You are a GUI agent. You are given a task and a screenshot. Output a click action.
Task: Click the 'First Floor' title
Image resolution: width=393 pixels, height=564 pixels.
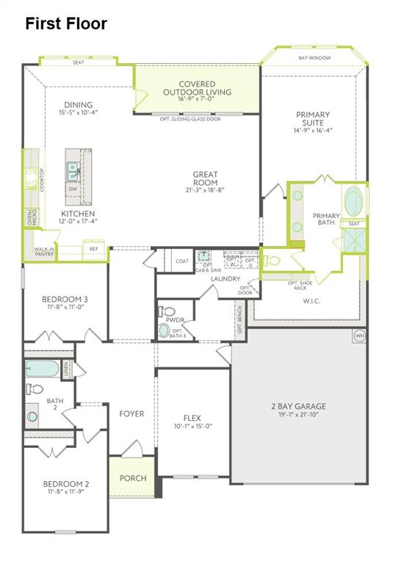66,23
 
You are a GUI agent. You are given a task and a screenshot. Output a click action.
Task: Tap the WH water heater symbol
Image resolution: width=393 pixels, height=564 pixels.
359,336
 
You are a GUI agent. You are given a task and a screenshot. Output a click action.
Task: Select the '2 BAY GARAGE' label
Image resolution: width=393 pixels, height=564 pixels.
298,406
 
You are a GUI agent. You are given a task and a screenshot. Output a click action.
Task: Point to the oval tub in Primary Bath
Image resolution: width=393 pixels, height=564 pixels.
354,200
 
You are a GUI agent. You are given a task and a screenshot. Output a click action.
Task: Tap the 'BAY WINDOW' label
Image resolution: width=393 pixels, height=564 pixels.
314,58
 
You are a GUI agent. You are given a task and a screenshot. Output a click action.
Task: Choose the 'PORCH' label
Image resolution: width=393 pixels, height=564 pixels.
132,478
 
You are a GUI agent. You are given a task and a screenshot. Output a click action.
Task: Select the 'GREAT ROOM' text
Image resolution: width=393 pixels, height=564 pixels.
205,178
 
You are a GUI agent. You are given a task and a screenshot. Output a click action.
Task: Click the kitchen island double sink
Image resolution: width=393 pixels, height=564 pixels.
73,171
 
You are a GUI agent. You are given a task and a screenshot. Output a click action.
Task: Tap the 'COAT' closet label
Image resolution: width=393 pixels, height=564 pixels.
181,261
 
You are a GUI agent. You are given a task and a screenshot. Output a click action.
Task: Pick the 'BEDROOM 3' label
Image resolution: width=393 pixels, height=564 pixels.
65,299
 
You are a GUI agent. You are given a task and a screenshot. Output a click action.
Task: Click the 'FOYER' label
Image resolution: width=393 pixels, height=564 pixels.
131,414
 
